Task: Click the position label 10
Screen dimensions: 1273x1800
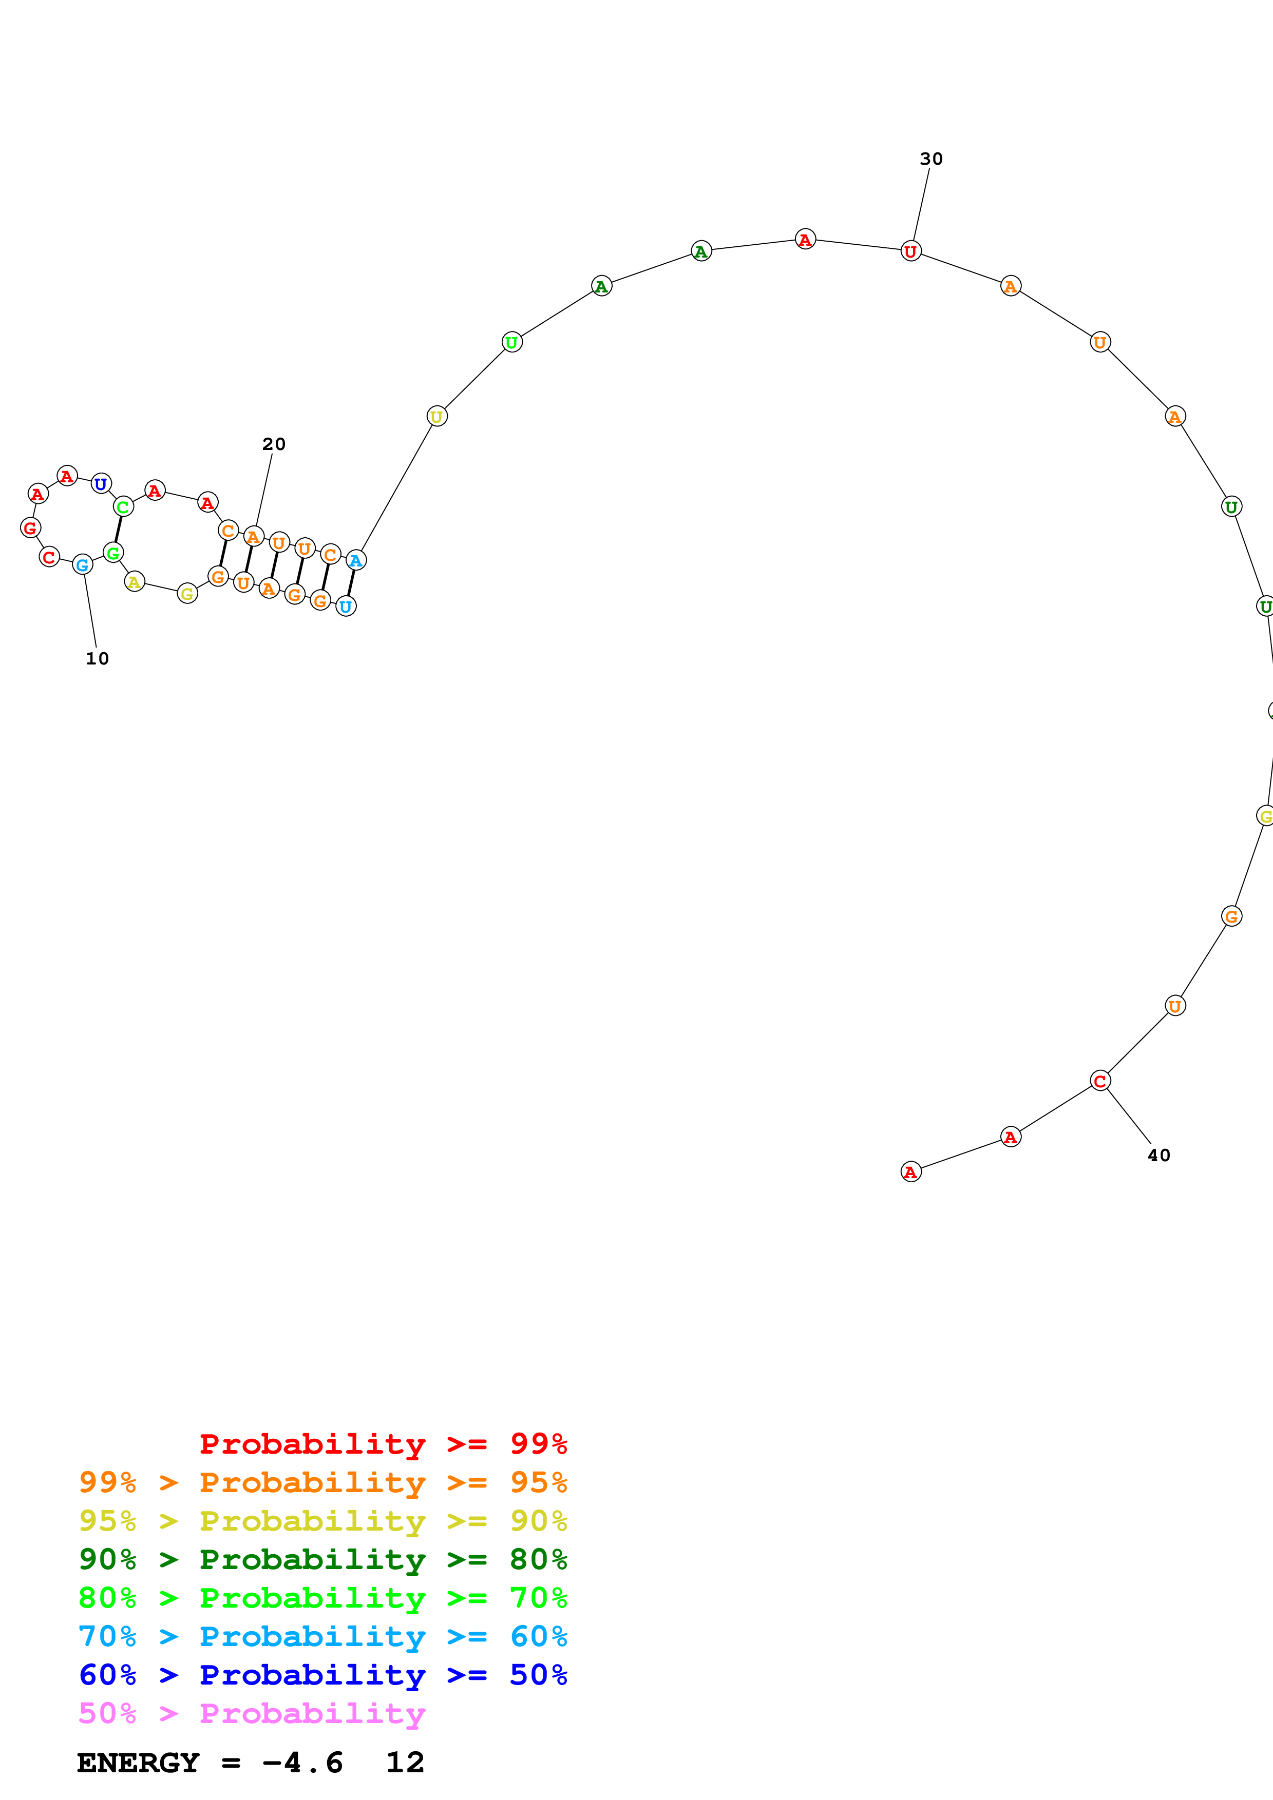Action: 97,658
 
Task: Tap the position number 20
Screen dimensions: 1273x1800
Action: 274,444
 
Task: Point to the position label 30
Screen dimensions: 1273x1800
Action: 931,159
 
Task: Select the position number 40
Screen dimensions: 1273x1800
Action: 1158,1156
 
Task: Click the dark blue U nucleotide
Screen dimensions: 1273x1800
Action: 101,484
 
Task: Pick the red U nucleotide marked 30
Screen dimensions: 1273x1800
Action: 910,251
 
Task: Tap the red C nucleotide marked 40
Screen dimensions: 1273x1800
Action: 1099,1081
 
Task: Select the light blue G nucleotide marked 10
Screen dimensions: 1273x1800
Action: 82,564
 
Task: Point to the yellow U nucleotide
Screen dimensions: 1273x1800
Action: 437,416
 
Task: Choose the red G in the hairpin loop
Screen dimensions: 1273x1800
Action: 31,527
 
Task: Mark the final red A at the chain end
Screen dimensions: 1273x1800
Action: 910,1172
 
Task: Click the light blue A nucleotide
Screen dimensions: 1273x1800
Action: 355,560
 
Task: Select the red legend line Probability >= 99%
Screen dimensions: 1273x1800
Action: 383,1444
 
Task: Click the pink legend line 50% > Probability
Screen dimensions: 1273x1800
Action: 252,1714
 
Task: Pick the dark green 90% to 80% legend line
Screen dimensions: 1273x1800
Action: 322,1559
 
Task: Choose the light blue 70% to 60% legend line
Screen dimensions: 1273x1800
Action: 322,1637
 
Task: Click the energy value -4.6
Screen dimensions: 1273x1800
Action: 303,1763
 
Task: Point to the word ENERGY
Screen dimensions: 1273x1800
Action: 138,1763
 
